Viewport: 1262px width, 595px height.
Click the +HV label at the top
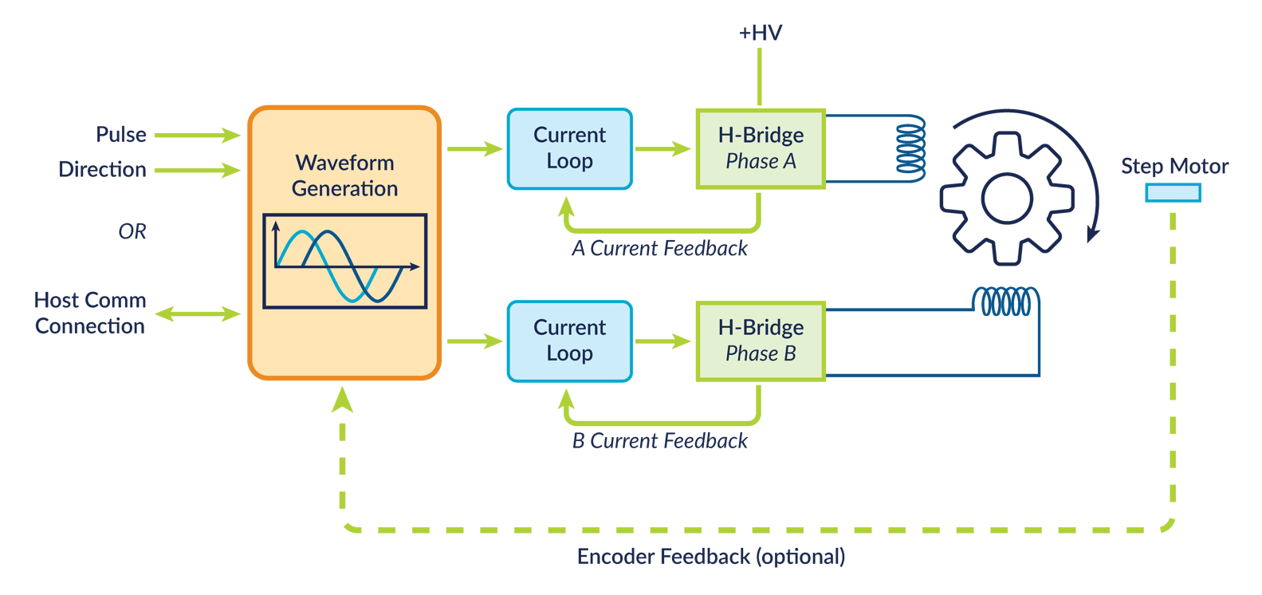tap(760, 33)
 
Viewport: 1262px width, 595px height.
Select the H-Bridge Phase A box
tap(761, 148)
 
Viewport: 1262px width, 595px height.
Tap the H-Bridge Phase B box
tap(761, 341)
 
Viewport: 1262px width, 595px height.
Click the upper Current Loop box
tap(569, 148)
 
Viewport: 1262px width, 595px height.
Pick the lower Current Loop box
tap(569, 341)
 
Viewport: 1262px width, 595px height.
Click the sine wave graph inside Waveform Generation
tap(344, 261)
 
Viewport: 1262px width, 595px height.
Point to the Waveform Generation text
tap(344, 175)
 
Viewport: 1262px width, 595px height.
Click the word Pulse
tap(121, 134)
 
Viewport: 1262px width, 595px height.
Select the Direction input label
tap(102, 169)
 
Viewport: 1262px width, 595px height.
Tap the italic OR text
tap(132, 231)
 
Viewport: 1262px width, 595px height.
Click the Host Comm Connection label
tap(90, 313)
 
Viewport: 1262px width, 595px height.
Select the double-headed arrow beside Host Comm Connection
tap(198, 313)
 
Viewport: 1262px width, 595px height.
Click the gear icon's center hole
tap(1007, 199)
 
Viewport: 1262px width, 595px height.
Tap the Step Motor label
tap(1174, 166)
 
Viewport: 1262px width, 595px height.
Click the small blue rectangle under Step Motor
tap(1173, 192)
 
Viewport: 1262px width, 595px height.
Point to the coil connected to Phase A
tap(910, 148)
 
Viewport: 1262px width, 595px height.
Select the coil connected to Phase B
tap(1006, 302)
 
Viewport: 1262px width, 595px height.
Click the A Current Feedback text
tap(660, 249)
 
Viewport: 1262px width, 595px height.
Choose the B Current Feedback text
tap(660, 441)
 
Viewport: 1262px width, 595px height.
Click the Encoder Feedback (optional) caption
tap(710, 557)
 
